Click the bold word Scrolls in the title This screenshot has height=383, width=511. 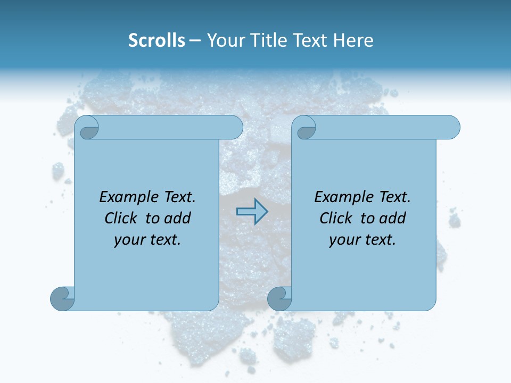click(156, 40)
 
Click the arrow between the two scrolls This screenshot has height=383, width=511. click(252, 211)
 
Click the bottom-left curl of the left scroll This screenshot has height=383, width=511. click(62, 298)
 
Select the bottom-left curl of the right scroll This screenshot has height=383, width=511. click(279, 298)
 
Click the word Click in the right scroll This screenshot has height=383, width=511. click(335, 219)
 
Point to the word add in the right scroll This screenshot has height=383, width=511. click(393, 219)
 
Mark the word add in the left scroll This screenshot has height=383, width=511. click(178, 219)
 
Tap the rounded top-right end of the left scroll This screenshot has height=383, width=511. click(233, 128)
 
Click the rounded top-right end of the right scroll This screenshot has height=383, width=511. click(450, 128)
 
